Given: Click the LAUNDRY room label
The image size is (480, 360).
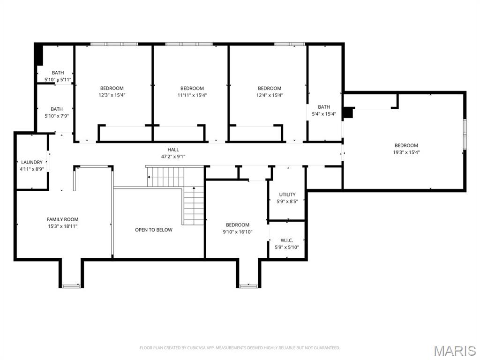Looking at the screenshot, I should click(x=32, y=162).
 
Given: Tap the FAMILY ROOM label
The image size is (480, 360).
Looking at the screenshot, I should click(x=62, y=219).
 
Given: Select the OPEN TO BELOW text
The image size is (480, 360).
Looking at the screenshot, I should click(x=153, y=230).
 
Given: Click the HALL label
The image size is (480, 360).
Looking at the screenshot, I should click(x=173, y=150).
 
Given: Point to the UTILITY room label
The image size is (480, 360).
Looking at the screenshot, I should click(x=287, y=195).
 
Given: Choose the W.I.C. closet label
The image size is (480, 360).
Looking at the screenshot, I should click(x=286, y=240).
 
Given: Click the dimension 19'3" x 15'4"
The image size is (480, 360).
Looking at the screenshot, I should click(x=406, y=152).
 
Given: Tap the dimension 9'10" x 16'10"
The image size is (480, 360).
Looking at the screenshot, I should click(x=238, y=232).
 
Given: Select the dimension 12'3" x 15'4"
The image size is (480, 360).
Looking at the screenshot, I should click(x=112, y=95).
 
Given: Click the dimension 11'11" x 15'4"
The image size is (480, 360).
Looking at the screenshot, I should click(x=192, y=95).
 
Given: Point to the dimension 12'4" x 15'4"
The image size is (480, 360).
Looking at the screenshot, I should click(x=270, y=95).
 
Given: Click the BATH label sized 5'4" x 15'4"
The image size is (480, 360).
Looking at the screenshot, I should click(x=324, y=107).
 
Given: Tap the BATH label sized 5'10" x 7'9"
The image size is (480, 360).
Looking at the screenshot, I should click(x=57, y=109).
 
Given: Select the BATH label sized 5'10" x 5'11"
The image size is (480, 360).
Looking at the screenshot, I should click(x=58, y=73).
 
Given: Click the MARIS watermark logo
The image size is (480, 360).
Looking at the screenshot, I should click(x=455, y=350).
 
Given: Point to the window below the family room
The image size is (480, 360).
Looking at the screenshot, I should click(x=71, y=285).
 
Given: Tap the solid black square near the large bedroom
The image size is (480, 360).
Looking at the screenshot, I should click(x=348, y=113).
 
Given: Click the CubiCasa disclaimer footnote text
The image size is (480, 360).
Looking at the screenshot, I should click(x=240, y=348).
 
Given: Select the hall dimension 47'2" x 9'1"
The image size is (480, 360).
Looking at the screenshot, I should click(x=173, y=157).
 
